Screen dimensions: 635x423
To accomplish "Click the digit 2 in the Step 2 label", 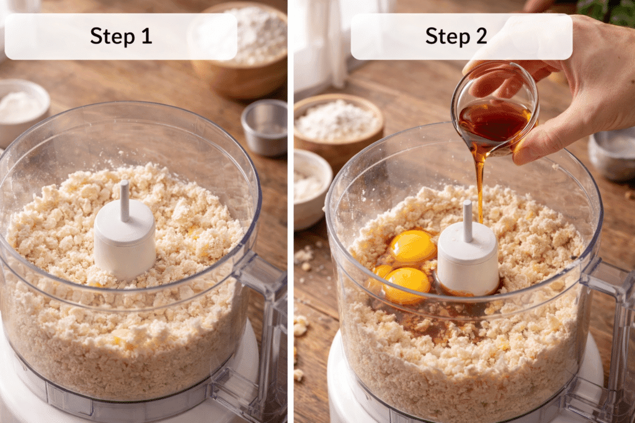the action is tap(481, 36).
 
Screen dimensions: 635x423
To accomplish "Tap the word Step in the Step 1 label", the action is tap(112, 37).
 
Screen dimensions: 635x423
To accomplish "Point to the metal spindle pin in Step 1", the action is tap(125, 200).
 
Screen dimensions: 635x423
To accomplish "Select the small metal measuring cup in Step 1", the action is tap(265, 127).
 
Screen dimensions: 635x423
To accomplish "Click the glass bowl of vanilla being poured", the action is tap(494, 110).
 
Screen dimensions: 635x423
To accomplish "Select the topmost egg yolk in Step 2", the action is tap(412, 246).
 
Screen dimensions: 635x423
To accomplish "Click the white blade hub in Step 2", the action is tap(468, 258).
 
